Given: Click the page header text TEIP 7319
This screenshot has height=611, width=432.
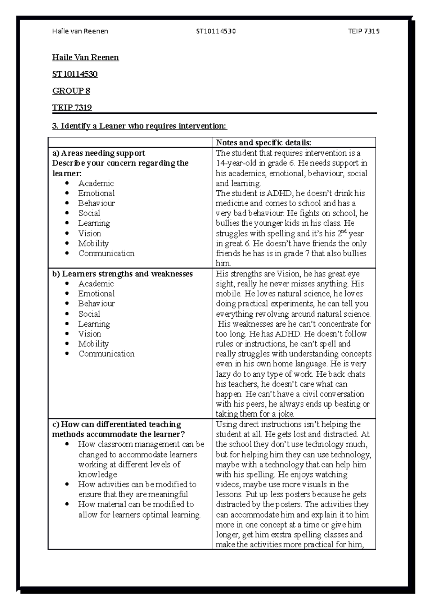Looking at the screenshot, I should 364,31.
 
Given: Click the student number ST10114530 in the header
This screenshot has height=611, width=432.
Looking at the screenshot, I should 216,31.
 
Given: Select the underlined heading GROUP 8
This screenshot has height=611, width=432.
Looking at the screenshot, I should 71,91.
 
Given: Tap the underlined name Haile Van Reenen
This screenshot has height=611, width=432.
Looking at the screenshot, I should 85,58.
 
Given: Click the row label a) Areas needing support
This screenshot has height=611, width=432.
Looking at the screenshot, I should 99,153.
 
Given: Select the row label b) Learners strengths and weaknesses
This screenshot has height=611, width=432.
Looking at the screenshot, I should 122,274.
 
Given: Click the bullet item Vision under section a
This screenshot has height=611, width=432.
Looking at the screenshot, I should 90,233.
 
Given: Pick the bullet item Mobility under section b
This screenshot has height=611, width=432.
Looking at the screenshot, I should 93,344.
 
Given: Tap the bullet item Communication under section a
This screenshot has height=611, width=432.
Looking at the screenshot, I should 106,253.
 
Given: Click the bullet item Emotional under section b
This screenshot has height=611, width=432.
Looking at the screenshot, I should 96,294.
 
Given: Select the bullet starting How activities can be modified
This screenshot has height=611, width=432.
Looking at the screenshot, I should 137,484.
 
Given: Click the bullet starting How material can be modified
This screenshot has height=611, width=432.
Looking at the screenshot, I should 136,504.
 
